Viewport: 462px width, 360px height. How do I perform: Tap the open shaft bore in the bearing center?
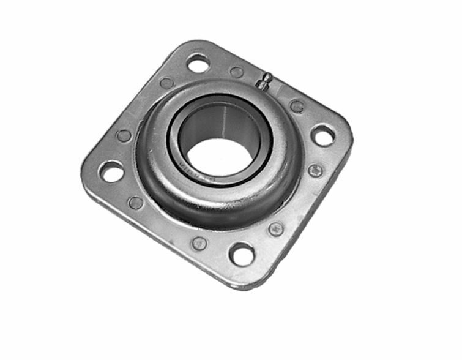pos(218,156)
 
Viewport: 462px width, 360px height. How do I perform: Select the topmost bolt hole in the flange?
pos(198,62)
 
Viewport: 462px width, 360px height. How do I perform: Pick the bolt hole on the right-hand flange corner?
pos(322,135)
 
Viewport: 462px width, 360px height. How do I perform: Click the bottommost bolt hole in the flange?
pos(242,253)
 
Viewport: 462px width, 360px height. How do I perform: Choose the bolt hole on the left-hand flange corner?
pos(112,171)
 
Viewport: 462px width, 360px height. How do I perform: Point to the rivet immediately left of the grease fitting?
pos(236,72)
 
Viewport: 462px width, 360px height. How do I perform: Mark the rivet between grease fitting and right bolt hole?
pos(297,107)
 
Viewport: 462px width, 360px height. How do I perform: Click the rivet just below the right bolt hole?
pos(316,171)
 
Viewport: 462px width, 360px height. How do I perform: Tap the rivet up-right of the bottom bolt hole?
pos(276,229)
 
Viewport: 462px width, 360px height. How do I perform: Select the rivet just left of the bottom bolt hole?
pos(199,243)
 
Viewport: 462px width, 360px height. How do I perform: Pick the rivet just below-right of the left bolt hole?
pos(136,203)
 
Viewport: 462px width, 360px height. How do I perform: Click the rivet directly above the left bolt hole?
pos(124,136)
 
